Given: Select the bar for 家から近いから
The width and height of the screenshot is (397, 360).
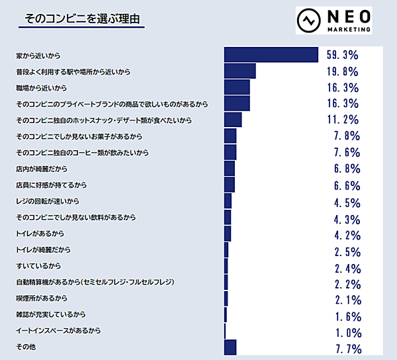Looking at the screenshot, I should coord(271,55).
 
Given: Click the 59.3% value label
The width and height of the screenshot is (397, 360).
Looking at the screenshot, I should coord(343,55).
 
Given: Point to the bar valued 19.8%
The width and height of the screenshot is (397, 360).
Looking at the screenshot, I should coord(240,71).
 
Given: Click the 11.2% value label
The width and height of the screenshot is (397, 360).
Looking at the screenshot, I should coord(343,120).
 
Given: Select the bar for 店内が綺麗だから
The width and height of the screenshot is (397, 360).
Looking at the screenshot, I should coord(230,168).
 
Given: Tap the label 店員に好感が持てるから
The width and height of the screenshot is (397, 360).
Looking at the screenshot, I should coord(52,185).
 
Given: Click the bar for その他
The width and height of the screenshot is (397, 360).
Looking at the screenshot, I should coord(230,347).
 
